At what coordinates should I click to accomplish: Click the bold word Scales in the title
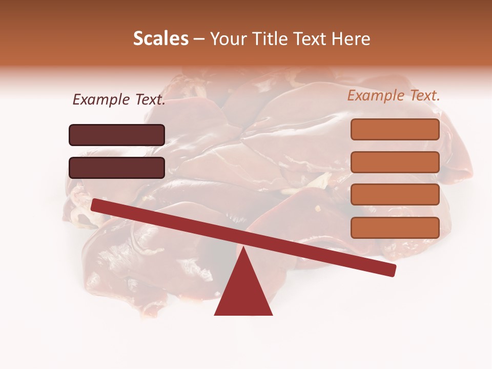(x=160, y=39)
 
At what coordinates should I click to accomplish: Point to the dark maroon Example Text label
(x=119, y=100)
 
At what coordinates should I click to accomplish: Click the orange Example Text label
(x=394, y=95)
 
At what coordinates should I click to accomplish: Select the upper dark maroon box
(x=117, y=135)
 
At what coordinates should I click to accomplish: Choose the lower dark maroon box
(x=117, y=168)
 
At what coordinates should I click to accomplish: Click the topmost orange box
(x=395, y=129)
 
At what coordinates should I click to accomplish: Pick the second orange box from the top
(x=395, y=162)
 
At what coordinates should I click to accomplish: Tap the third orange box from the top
(x=395, y=195)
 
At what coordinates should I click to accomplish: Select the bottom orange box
(x=395, y=228)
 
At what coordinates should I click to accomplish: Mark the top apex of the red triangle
(x=243, y=248)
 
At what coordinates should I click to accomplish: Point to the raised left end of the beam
(x=95, y=204)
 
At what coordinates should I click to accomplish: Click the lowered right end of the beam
(x=392, y=270)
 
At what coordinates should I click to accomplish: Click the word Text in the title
(x=312, y=39)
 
